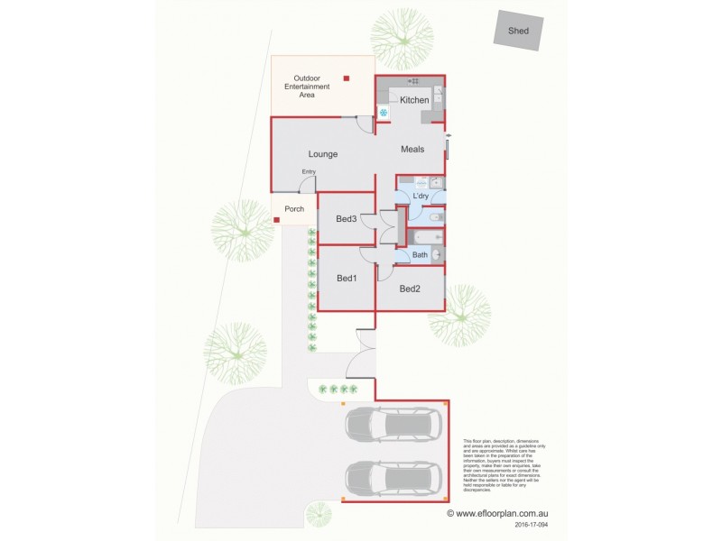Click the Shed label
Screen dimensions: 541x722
(x=518, y=30)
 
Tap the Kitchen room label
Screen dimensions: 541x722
(x=414, y=100)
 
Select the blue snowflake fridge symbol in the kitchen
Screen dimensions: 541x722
(x=384, y=113)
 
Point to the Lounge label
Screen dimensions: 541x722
(x=322, y=154)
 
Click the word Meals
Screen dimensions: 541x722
(x=412, y=150)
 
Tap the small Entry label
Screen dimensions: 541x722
(x=309, y=172)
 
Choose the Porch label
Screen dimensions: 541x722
(x=294, y=209)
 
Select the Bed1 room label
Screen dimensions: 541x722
(x=347, y=279)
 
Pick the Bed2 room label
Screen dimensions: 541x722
(x=410, y=289)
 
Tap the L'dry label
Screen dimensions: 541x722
(x=421, y=197)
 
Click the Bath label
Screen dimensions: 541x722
(x=420, y=255)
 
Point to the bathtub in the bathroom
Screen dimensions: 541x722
(x=425, y=237)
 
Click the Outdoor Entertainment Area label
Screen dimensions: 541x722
(x=308, y=86)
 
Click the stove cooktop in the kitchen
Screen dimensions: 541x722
(x=438, y=94)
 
